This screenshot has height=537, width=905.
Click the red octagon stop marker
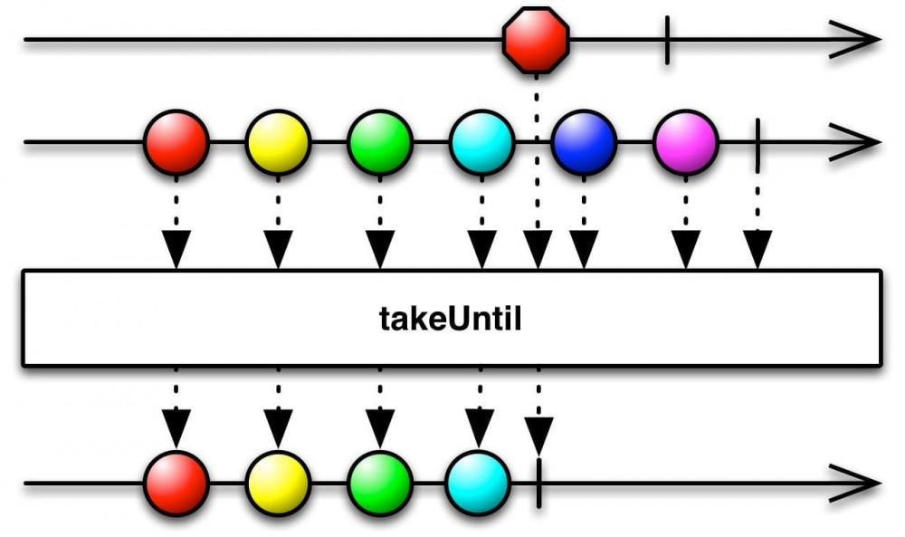point(536,40)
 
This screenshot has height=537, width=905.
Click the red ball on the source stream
point(176,142)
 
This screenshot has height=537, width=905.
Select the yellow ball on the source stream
point(278,142)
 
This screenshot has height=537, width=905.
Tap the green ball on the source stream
point(380,142)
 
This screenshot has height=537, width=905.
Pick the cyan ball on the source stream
point(482,142)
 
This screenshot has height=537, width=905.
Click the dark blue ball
point(584,142)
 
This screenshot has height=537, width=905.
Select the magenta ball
point(686,142)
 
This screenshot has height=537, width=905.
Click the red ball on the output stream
point(176,484)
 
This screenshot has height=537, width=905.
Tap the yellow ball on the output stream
point(278,484)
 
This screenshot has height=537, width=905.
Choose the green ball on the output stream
point(380,484)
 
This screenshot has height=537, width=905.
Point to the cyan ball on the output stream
point(479,484)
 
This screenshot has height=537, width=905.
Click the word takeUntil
point(450,318)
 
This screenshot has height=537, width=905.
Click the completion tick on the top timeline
point(667,40)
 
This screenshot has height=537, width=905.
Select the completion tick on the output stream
point(538,484)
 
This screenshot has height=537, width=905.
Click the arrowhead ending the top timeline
point(854,40)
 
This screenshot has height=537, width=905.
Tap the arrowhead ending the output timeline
point(854,484)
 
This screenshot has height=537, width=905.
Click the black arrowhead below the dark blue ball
point(584,249)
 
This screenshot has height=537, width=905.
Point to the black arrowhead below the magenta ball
point(686,249)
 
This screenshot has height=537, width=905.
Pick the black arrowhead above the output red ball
point(176,428)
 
